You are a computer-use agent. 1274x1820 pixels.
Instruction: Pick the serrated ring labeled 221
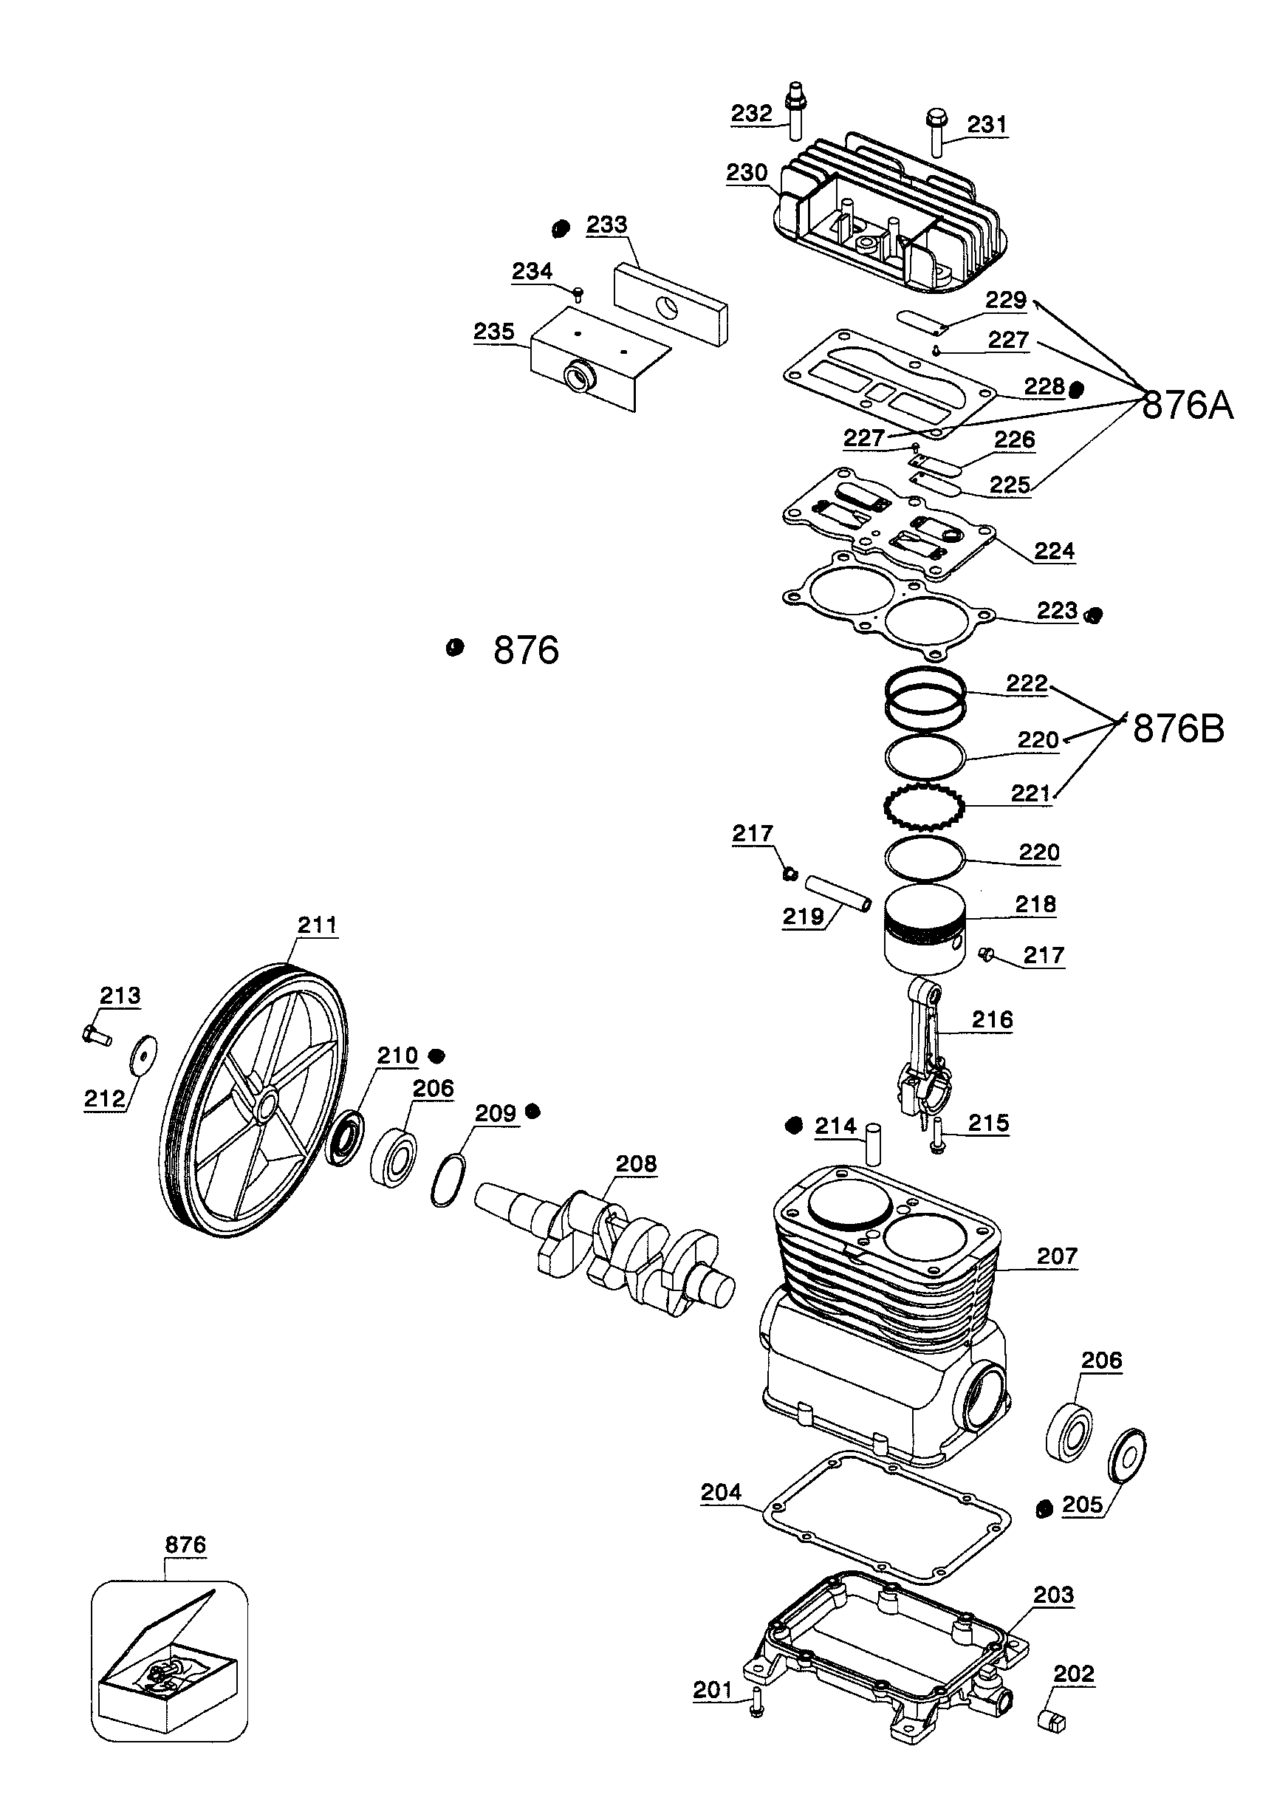pos(924,807)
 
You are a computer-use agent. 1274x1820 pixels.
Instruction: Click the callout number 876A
pos(1187,406)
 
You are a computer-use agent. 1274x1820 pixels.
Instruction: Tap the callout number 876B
pos(1178,728)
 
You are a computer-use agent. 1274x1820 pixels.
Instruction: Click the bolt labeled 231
pos(936,134)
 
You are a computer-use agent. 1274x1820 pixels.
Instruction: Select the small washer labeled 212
pos(143,1054)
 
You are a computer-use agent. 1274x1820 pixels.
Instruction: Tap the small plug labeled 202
pos(1052,1721)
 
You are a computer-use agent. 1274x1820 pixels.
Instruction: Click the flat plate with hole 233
pos(671,305)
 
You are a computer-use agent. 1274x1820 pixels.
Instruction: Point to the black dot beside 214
pos(794,1126)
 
